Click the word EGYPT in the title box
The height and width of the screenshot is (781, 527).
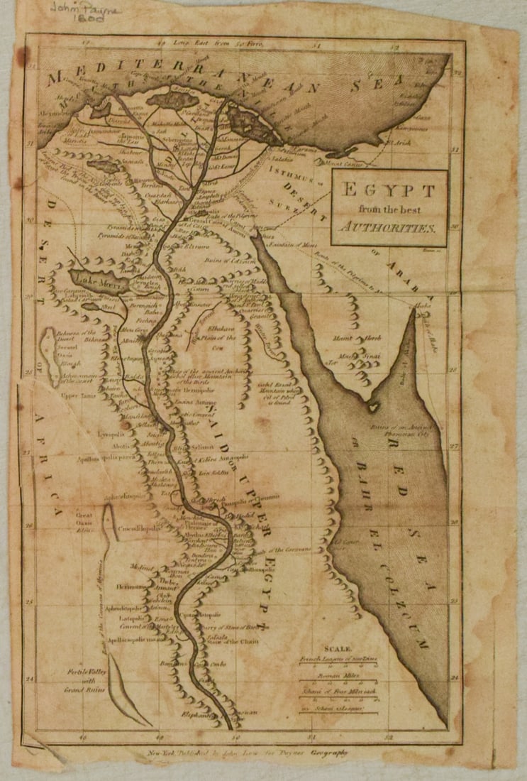pos(388,191)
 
